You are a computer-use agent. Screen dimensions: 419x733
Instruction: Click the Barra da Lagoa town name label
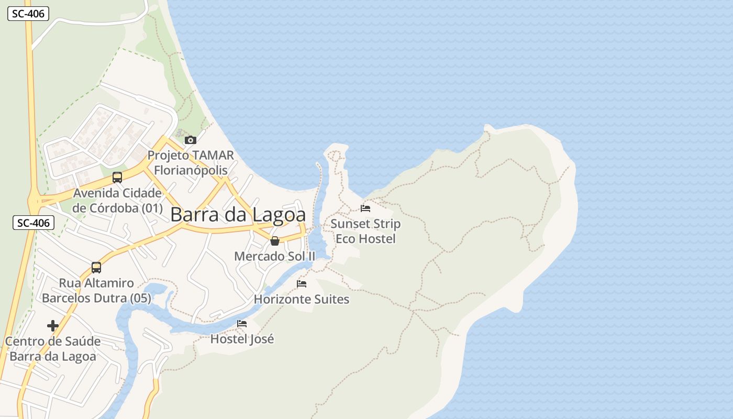point(238,215)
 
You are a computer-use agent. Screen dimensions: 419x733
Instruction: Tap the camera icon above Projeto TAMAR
point(191,140)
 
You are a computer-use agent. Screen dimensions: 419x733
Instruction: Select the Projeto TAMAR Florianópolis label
point(191,163)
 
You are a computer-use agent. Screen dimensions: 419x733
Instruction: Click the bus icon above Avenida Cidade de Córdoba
point(117,177)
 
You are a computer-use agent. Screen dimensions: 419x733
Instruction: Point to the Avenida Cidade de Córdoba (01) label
point(117,200)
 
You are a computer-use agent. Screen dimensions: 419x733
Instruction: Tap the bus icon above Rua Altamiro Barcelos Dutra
point(96,268)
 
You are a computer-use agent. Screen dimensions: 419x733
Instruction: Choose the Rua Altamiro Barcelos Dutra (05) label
point(96,291)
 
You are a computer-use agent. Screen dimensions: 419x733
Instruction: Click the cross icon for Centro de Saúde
point(52,326)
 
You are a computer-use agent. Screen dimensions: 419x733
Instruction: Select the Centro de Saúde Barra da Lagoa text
point(52,349)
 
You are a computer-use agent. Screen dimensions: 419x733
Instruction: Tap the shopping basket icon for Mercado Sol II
point(275,241)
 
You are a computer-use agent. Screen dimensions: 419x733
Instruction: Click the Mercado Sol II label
point(275,256)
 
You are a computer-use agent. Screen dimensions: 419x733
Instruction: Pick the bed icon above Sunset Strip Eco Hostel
point(365,208)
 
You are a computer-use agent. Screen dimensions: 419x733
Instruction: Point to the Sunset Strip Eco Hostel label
point(365,231)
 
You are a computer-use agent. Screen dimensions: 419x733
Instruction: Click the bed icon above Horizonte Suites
point(302,284)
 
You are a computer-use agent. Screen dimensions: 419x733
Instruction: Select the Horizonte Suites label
point(302,299)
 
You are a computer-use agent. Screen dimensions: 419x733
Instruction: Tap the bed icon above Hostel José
point(242,324)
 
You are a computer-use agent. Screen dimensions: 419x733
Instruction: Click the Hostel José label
point(242,339)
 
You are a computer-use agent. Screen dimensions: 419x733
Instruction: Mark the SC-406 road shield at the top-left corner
point(28,14)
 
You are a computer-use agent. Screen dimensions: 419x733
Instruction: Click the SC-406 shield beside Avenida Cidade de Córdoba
point(34,223)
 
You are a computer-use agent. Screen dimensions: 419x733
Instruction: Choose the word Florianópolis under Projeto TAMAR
point(191,170)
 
